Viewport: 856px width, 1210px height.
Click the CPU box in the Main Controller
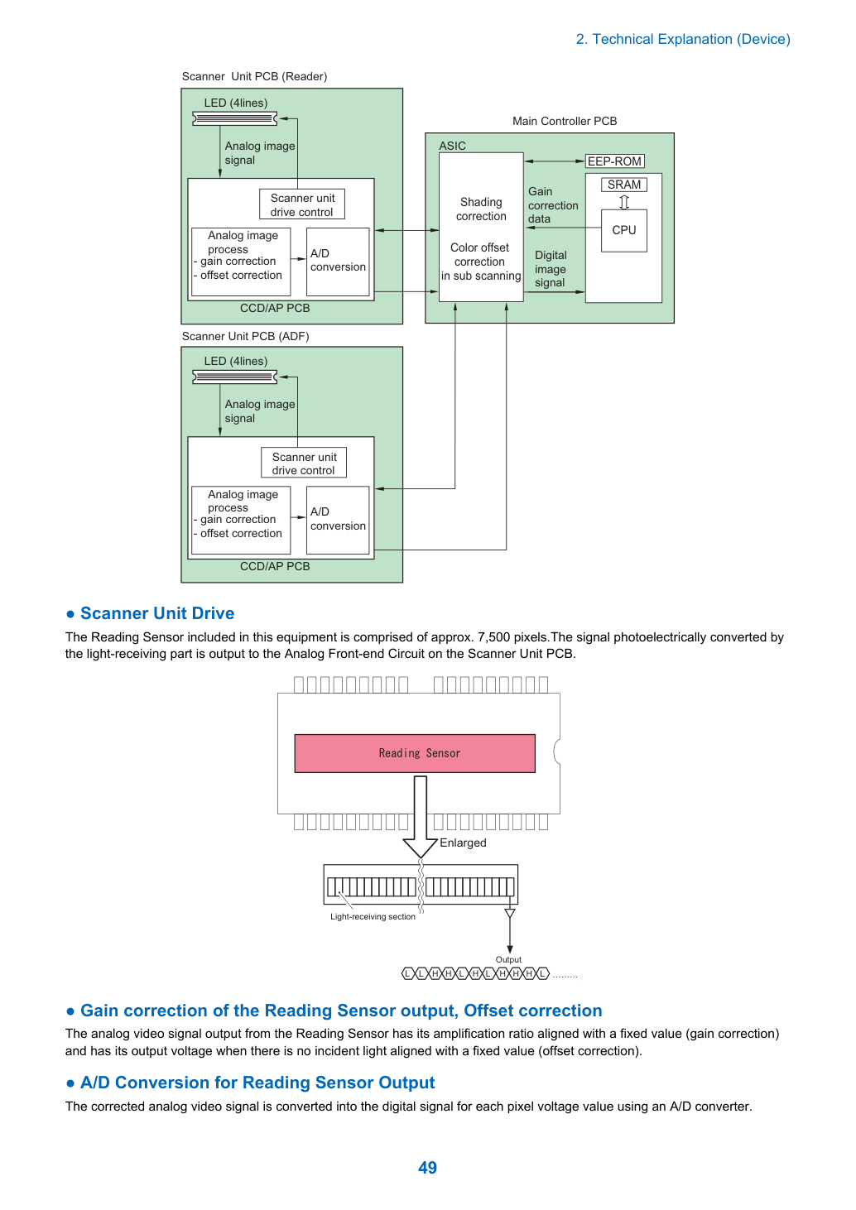623,231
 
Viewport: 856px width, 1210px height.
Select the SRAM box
623,185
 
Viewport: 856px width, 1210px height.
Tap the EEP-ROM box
614,161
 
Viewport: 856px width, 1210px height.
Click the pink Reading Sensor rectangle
415,753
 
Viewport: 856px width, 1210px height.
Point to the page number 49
427,1167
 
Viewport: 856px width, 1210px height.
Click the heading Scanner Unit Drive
156,613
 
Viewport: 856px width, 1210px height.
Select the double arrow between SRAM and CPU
624,202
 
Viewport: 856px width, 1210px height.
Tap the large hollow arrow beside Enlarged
421,816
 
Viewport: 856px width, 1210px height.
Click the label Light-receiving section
373,917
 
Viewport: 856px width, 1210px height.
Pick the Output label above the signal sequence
508,959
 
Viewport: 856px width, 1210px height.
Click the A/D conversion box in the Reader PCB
338,262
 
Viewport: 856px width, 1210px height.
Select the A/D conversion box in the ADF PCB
338,520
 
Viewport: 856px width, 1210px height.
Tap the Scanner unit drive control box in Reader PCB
302,204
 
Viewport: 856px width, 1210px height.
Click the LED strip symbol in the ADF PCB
235,377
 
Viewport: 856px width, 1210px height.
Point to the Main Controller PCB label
565,121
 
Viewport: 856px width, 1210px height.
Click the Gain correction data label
553,205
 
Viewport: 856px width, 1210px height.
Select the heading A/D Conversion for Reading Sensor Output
257,1083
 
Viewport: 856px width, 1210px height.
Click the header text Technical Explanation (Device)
691,39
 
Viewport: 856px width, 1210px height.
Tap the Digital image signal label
551,269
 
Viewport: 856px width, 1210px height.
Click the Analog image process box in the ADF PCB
241,520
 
